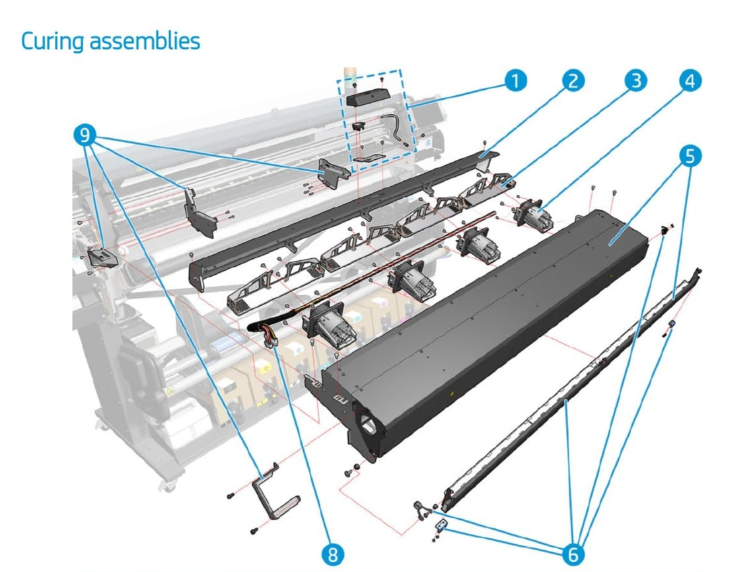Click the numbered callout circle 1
point(515,80)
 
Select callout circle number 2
point(573,80)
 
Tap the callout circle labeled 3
point(635,80)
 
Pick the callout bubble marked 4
point(690,80)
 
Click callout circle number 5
point(690,156)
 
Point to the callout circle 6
point(573,554)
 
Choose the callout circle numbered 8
point(332,554)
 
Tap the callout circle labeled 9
point(85,135)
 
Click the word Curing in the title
point(52,42)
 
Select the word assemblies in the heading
point(145,41)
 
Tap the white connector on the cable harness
point(270,341)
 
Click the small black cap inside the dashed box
point(359,126)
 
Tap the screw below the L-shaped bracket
point(255,530)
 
